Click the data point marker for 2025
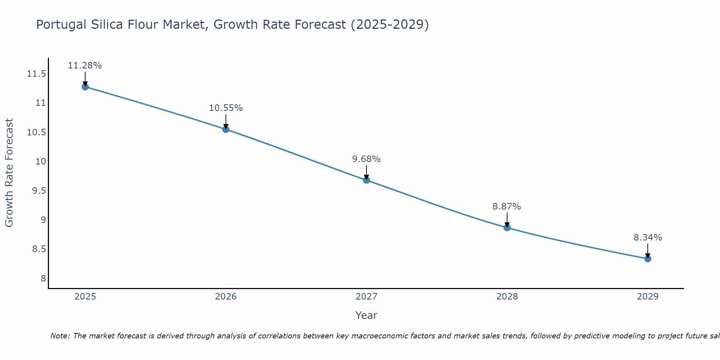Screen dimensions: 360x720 click(85, 87)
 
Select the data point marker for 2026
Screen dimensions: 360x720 click(226, 129)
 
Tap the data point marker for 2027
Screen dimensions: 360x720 click(366, 180)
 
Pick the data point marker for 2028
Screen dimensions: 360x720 click(507, 228)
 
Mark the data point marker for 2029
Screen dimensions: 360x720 click(648, 258)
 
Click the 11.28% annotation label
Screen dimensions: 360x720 click(85, 66)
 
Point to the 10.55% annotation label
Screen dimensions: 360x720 click(226, 108)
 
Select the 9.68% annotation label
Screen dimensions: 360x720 click(366, 159)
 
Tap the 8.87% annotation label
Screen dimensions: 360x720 click(507, 207)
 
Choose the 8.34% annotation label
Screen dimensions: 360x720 click(648, 238)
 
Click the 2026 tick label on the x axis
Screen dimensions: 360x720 click(226, 297)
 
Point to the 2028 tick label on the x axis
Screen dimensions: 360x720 click(507, 297)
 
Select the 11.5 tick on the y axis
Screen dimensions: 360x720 click(36, 74)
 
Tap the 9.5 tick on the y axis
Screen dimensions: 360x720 click(39, 191)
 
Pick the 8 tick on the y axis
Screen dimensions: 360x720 click(43, 278)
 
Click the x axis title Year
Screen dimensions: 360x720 click(366, 315)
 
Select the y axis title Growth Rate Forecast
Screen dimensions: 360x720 click(9, 173)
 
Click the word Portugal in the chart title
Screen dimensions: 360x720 click(61, 25)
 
